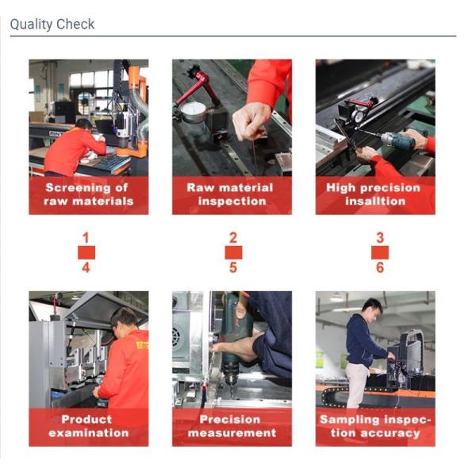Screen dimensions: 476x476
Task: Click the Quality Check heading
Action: click(52, 25)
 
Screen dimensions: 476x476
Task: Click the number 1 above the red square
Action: click(86, 238)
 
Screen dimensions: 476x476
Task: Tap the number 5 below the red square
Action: click(232, 267)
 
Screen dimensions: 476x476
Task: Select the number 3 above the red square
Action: click(380, 238)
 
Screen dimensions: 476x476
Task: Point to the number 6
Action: click(380, 267)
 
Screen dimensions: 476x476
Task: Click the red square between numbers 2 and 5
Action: click(233, 252)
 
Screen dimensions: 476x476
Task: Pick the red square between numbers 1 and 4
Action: click(86, 252)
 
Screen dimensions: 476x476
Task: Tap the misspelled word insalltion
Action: click(375, 202)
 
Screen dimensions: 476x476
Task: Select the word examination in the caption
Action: click(89, 433)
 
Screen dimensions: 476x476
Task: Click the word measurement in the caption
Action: click(232, 433)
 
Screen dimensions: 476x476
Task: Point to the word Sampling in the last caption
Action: click(345, 420)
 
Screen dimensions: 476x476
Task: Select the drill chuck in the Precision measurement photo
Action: click(231, 376)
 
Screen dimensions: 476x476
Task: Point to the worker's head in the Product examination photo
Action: click(124, 321)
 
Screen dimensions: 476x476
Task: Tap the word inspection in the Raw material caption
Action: click(232, 202)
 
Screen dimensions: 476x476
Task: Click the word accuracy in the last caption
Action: click(390, 433)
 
